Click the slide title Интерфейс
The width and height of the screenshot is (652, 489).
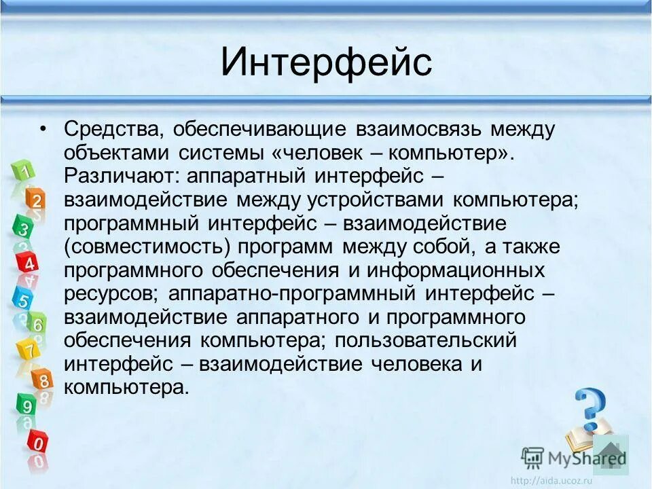pyautogui.click(x=326, y=62)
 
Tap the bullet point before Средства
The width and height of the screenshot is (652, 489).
pyautogui.click(x=43, y=129)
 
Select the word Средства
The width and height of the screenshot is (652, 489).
pyautogui.click(x=113, y=129)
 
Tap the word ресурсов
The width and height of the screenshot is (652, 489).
pyautogui.click(x=111, y=294)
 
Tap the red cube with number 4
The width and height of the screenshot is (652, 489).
pyautogui.click(x=29, y=263)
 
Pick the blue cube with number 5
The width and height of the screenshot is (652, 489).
pyautogui.click(x=22, y=298)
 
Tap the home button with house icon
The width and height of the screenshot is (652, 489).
pyautogui.click(x=611, y=454)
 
